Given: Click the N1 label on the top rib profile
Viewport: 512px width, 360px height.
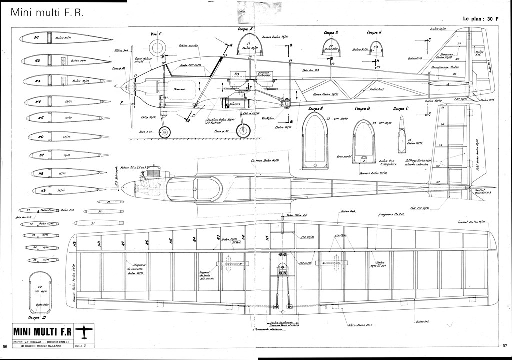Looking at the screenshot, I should click(x=37, y=38).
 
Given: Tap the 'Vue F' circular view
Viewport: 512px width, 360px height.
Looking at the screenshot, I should click(x=158, y=48).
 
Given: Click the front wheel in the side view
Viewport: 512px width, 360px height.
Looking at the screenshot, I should click(x=164, y=132).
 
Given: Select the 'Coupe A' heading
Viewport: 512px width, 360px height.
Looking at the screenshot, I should click(x=315, y=108).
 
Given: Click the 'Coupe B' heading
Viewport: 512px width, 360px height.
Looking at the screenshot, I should click(x=362, y=108).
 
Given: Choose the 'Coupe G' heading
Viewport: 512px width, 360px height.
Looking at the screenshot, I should click(x=330, y=33).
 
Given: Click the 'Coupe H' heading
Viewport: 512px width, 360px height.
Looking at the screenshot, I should click(x=374, y=33).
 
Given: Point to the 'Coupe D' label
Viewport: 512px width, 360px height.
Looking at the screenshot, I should click(x=37, y=317).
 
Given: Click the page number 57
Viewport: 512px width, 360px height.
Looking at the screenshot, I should click(x=505, y=345).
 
